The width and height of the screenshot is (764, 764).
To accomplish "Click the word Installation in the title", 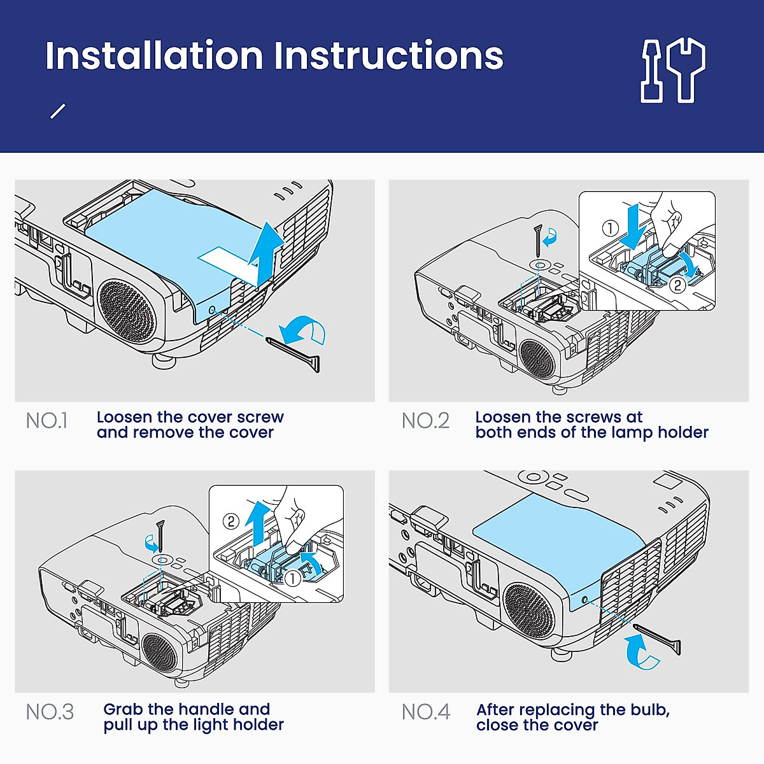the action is click(x=155, y=55).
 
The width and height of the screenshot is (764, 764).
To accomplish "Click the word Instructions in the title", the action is click(x=389, y=55).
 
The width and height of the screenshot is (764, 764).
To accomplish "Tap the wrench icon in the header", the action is click(x=686, y=70).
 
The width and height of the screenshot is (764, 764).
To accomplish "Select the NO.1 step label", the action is click(x=46, y=421).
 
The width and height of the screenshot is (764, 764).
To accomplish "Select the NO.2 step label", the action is click(x=425, y=421).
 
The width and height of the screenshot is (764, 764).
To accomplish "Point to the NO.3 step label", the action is click(x=50, y=712).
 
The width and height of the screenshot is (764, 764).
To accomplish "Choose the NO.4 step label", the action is click(x=426, y=712).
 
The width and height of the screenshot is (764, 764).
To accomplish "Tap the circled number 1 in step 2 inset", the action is click(x=610, y=229).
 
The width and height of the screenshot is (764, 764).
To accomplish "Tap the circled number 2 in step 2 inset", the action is click(x=677, y=285).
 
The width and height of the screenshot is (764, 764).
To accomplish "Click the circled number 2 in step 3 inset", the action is click(x=231, y=521).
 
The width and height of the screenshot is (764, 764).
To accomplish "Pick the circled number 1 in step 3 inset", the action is click(x=293, y=579).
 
